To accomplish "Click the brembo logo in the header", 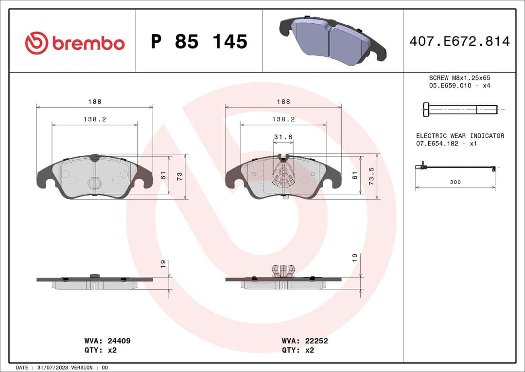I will pyautogui.click(x=75, y=43).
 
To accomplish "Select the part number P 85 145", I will pyautogui.click(x=199, y=42).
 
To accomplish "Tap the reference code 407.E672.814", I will pyautogui.click(x=459, y=41).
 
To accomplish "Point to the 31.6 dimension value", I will pyautogui.click(x=283, y=137).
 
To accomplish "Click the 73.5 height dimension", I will pyautogui.click(x=372, y=176).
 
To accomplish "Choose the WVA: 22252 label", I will pyautogui.click(x=305, y=341).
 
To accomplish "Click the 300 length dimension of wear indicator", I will pyautogui.click(x=455, y=182).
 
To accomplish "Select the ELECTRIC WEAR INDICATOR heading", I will pyautogui.click(x=460, y=136).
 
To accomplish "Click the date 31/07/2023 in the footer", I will pyautogui.click(x=53, y=367).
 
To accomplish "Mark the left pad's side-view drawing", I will pyautogui.click(x=95, y=282).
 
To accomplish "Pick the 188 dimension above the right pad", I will pyautogui.click(x=283, y=102).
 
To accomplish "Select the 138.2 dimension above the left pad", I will pyautogui.click(x=94, y=119).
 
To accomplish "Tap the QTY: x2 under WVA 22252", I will pyautogui.click(x=297, y=350).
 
